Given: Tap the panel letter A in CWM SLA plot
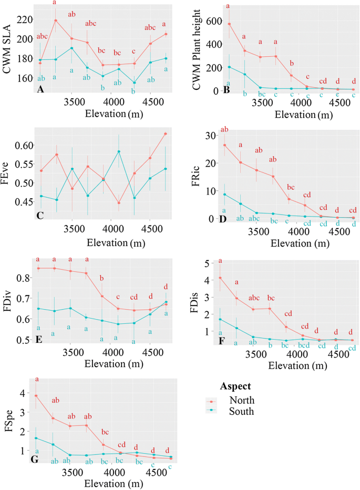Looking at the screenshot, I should click(40, 90).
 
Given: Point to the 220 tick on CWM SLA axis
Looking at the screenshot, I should click(26, 20).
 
